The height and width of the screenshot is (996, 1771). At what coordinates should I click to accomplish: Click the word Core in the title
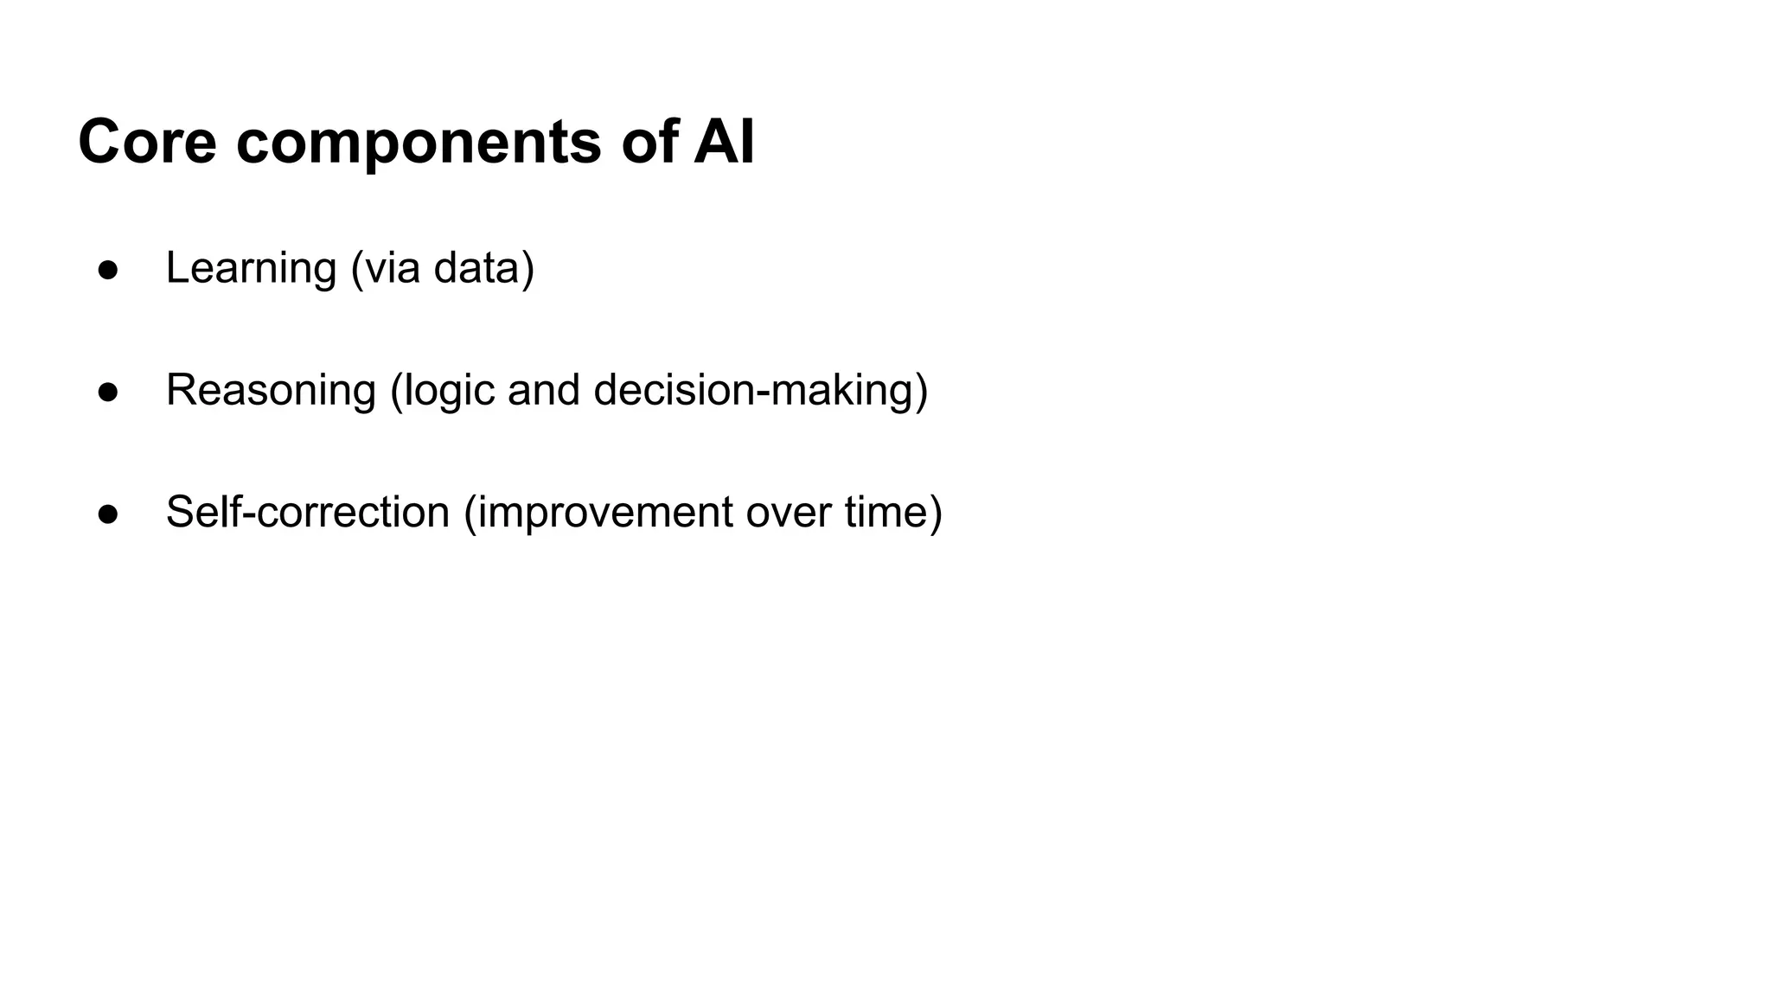pyautogui.click(x=147, y=142)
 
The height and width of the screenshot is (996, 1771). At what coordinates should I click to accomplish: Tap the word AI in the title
pyautogui.click(x=724, y=142)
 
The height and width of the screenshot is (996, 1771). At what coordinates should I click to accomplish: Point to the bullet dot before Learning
pyautogui.click(x=108, y=270)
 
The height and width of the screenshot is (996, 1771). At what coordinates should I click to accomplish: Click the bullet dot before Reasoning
pyautogui.click(x=108, y=392)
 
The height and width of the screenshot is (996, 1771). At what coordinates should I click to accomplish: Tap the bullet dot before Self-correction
pyautogui.click(x=108, y=514)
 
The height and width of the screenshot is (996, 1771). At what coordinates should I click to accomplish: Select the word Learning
pyautogui.click(x=251, y=268)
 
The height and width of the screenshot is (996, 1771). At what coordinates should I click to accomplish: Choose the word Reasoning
pyautogui.click(x=271, y=391)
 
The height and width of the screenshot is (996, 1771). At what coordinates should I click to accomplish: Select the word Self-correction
pyautogui.click(x=308, y=512)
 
